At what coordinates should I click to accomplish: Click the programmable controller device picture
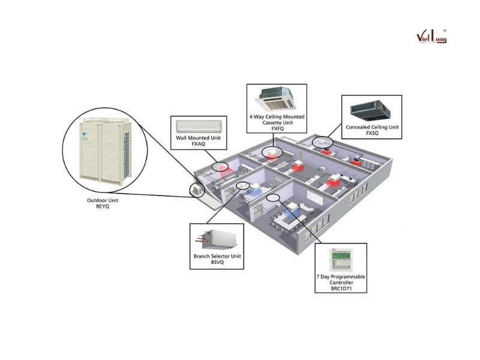click(x=340, y=259)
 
